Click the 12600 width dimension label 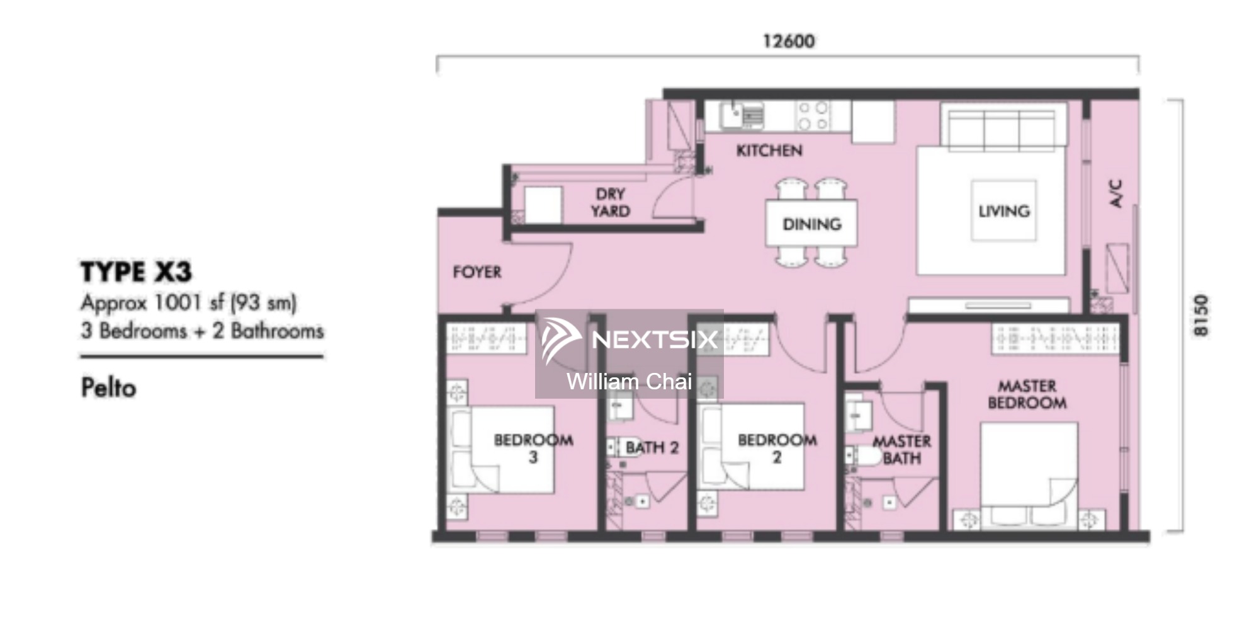coord(788,42)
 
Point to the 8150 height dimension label coord(1201,315)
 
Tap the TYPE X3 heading coord(136,272)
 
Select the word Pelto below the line coord(108,387)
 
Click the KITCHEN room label coord(769,151)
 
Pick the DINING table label coord(811,224)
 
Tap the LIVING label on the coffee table coord(1004,210)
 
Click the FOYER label coord(477,272)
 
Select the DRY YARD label coord(610,202)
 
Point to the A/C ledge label coord(1115,193)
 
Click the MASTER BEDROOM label coord(1027,394)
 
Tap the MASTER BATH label coord(901,450)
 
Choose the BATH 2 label coord(652,448)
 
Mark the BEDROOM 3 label coord(533,448)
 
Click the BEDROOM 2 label coord(777,448)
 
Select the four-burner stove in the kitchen coord(813,115)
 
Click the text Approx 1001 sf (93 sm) coord(188,303)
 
